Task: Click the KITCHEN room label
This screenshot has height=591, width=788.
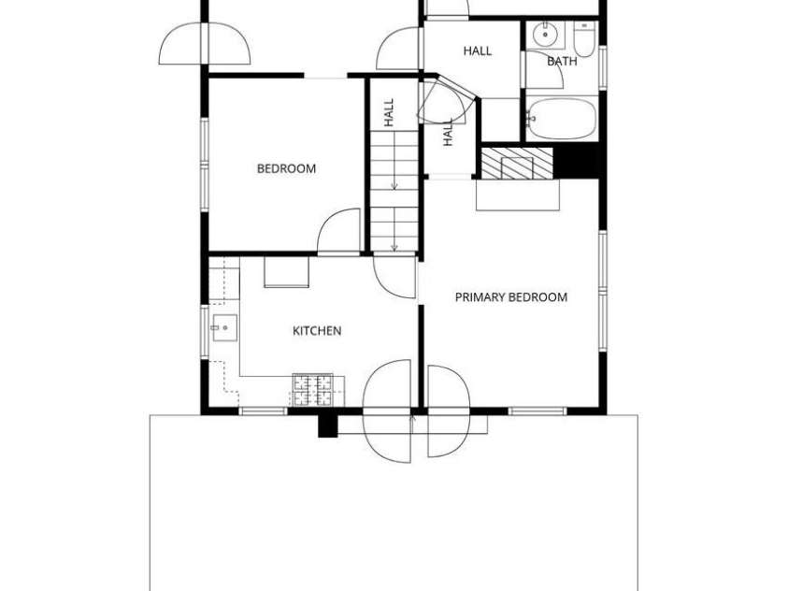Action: (317, 331)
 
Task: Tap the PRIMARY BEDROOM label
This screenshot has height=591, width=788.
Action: (511, 297)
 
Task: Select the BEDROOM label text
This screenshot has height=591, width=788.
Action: (286, 168)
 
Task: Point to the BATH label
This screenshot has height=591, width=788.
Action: (562, 62)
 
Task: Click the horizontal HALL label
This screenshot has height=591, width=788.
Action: (478, 50)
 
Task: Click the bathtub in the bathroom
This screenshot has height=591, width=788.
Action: (562, 119)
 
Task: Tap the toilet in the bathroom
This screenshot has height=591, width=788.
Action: (584, 38)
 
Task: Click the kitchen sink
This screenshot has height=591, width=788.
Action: (224, 327)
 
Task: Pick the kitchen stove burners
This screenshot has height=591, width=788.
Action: (312, 389)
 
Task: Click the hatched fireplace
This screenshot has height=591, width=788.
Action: (517, 164)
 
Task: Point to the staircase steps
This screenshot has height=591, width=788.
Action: (394, 191)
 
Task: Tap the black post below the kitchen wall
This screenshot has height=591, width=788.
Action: (328, 426)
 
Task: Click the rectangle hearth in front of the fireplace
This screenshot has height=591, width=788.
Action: (518, 195)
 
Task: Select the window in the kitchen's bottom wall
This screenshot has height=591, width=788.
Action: (263, 411)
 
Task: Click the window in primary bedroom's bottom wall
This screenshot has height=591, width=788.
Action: (537, 411)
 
